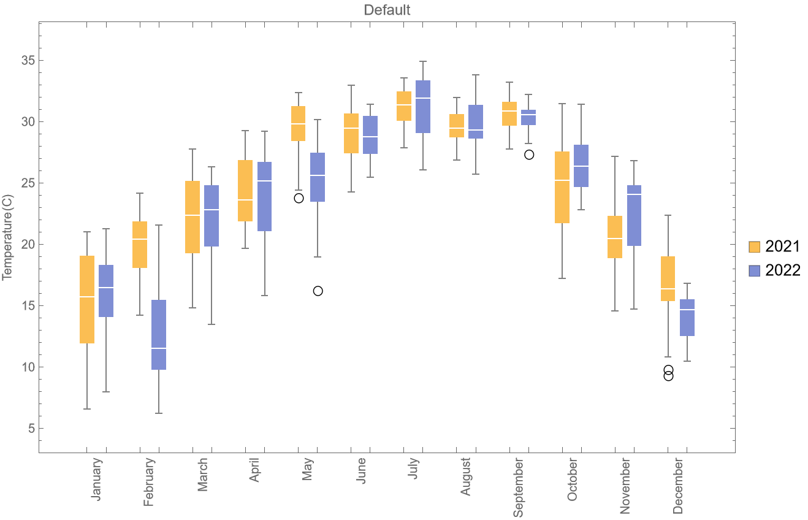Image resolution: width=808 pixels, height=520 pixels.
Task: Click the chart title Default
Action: click(x=387, y=10)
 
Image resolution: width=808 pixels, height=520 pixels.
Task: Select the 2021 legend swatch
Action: click(x=755, y=247)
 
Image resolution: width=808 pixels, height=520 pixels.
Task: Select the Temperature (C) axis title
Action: click(x=7, y=244)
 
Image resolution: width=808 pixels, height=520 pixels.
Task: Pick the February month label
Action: click(x=149, y=484)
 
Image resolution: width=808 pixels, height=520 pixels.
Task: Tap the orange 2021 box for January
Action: click(x=87, y=299)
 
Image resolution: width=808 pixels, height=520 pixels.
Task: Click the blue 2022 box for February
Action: click(x=159, y=335)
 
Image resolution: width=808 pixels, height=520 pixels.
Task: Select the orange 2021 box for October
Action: click(x=562, y=187)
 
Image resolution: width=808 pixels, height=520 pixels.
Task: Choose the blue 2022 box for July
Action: click(x=423, y=107)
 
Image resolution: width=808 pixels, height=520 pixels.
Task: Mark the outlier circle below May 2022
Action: click(x=318, y=291)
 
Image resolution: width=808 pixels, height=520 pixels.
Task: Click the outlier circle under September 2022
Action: click(x=529, y=155)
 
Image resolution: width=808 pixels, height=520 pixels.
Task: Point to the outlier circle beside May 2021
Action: click(x=299, y=198)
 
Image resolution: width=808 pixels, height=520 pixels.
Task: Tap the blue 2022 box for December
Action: click(x=687, y=318)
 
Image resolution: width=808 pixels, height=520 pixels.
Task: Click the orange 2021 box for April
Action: click(x=245, y=191)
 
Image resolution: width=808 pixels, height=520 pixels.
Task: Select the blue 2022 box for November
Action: click(x=634, y=215)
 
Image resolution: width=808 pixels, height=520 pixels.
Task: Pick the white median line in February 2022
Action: click(x=159, y=348)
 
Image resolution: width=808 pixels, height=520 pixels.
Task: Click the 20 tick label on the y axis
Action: click(x=28, y=245)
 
